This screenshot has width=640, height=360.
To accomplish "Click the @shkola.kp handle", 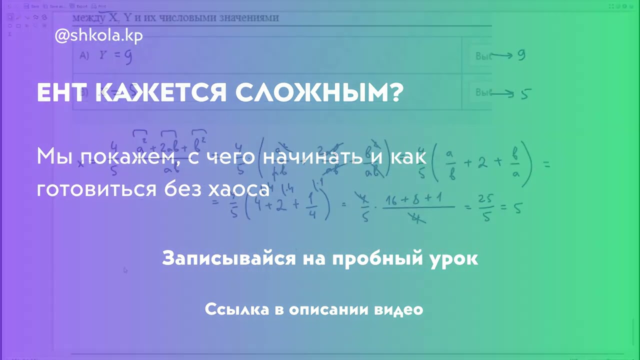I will pyautogui.click(x=98, y=36).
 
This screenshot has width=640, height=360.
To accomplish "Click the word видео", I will pyautogui.click(x=399, y=309).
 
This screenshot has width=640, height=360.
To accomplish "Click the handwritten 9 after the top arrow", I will pyautogui.click(x=521, y=55).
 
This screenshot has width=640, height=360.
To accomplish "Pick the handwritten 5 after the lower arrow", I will pyautogui.click(x=525, y=93).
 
